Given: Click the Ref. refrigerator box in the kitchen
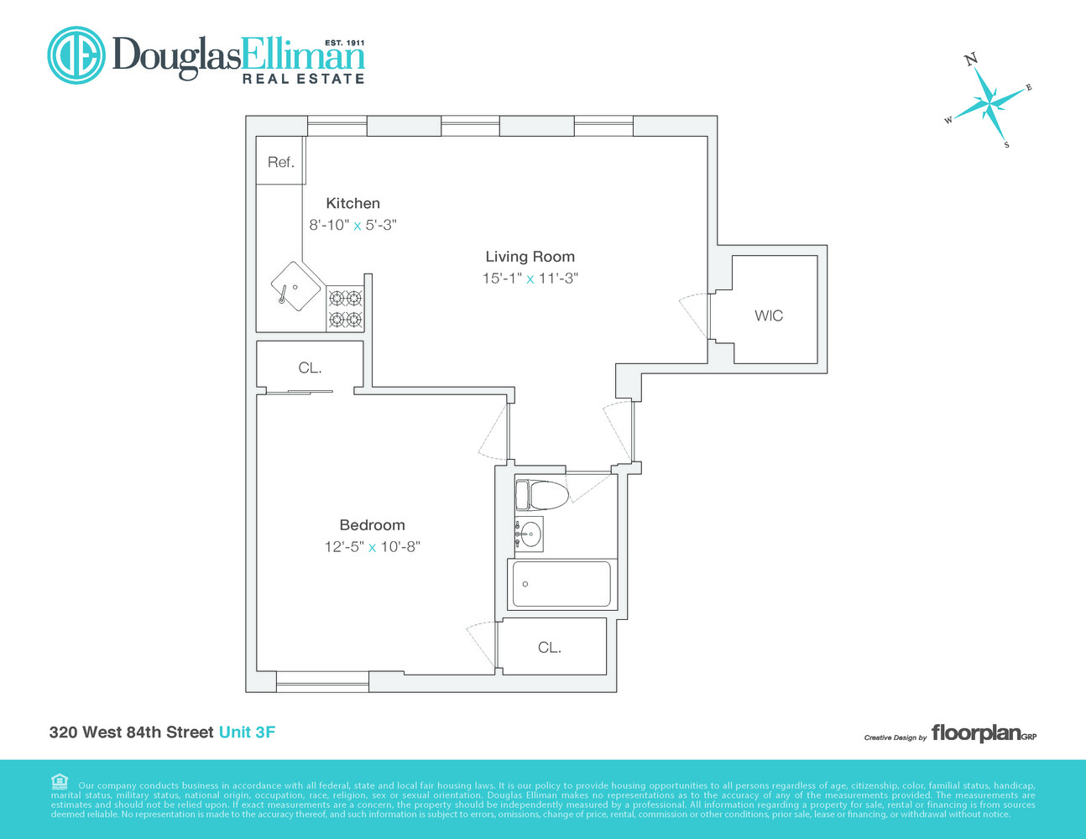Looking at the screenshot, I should (x=280, y=161).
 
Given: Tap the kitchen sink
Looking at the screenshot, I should (x=295, y=286).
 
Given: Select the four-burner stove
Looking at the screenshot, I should (x=345, y=308).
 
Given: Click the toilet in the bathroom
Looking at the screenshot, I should (x=541, y=494).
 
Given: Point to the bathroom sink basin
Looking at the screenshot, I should (x=529, y=533).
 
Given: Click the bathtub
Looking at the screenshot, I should (x=561, y=584).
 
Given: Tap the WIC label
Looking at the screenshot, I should (x=769, y=315).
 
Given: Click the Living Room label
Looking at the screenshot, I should (x=530, y=257).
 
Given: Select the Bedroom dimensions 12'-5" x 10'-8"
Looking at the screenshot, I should (x=372, y=547).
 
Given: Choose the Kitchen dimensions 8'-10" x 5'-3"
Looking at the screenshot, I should (x=352, y=225).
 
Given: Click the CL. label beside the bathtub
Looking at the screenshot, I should (x=550, y=648).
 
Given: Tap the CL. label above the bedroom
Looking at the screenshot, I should (x=310, y=367).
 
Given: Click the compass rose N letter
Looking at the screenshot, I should (x=971, y=59).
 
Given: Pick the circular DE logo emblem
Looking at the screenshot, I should (x=76, y=55).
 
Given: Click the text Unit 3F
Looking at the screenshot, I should (x=247, y=732).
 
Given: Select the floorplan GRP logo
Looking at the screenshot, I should (x=984, y=733).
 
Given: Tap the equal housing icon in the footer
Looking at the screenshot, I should (x=59, y=782).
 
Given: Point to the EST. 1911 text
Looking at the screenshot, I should (x=344, y=42).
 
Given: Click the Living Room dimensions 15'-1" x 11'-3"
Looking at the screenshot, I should (x=530, y=279).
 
